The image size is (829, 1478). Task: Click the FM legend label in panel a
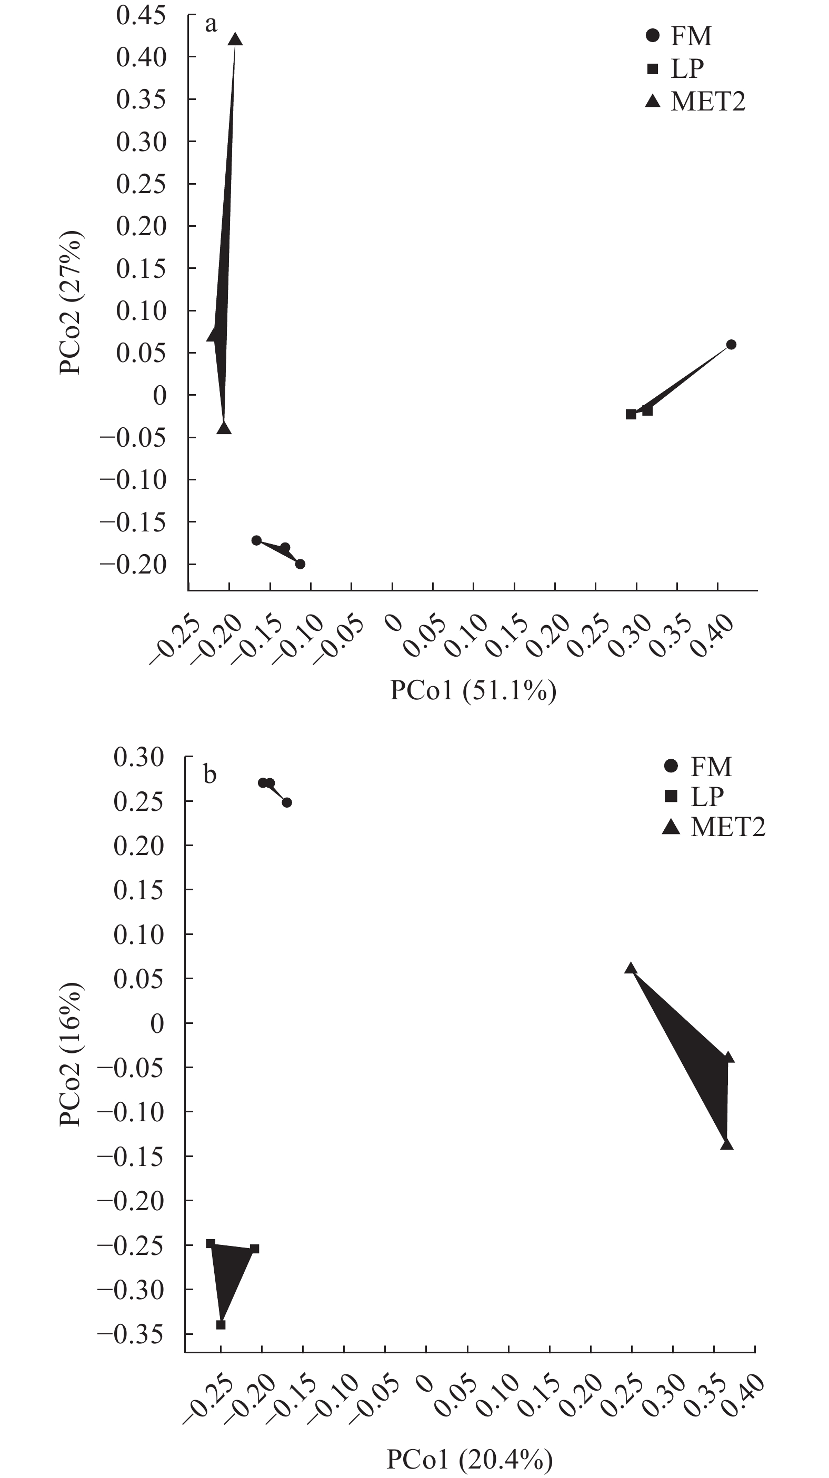[x=691, y=36]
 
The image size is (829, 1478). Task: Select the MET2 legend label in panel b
[x=728, y=827]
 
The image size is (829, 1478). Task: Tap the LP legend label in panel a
[x=687, y=69]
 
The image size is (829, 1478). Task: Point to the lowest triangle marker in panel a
[x=224, y=428]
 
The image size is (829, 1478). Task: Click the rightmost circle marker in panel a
[x=731, y=345]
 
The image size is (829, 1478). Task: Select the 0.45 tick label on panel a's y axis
[x=141, y=15]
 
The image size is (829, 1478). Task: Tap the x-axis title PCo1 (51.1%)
[x=473, y=690]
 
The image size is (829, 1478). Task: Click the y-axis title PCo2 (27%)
[x=71, y=303]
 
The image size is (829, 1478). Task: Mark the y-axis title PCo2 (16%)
[x=71, y=1054]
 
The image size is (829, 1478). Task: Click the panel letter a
[x=211, y=25]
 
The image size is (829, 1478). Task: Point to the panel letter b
[x=210, y=775]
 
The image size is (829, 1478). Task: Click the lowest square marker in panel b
[x=221, y=1325]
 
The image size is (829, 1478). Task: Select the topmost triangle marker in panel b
[x=631, y=969]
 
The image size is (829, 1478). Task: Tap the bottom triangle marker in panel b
[x=727, y=1144]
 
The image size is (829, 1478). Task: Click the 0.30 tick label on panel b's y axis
[x=138, y=757]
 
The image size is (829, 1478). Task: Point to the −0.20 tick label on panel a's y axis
[x=133, y=564]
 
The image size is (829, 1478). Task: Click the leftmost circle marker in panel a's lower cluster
[x=257, y=540]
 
